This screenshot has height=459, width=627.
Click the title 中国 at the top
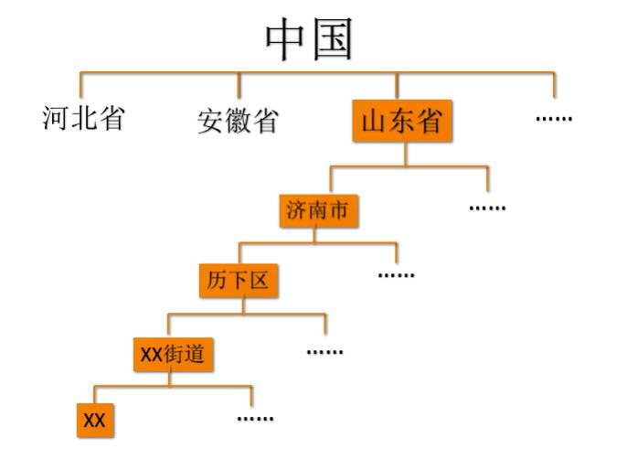tap(309, 39)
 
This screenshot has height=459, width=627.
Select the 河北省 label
tap(83, 118)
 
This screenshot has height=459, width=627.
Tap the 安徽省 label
tap(238, 121)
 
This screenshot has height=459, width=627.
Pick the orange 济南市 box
tap(317, 211)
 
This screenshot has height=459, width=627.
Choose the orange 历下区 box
tap(238, 281)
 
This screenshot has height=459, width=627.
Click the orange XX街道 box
tap(173, 353)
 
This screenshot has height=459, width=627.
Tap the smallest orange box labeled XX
tap(95, 421)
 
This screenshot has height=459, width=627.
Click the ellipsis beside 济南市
tap(487, 208)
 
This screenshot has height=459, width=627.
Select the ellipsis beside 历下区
tap(396, 274)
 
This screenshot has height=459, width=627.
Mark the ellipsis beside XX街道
tap(324, 351)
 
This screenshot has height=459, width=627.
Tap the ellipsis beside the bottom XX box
tap(255, 418)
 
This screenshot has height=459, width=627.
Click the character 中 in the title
tap(284, 39)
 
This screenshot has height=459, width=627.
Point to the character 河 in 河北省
tap(56, 118)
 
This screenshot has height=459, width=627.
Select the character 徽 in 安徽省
tap(238, 121)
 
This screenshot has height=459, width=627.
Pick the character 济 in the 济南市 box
tap(296, 211)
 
